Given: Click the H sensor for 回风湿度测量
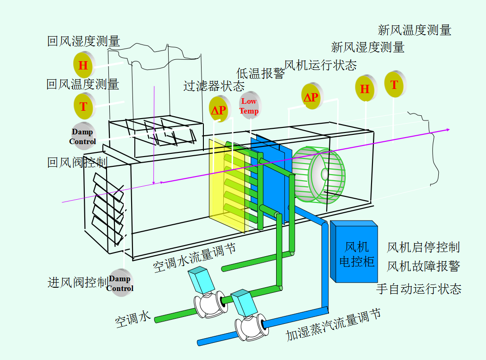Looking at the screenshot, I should pos(83,65).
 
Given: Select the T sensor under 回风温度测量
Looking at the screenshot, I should pos(83,107).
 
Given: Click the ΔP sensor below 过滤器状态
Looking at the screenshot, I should pos(219,110).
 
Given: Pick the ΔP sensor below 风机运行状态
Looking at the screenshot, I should pos(311,97).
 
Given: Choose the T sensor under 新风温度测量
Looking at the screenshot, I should pos(394,85).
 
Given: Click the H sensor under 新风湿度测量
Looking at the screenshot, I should pos(365,88).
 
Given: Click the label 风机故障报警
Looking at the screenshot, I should pos(423,266).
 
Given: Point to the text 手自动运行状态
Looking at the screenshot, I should pos(418,289).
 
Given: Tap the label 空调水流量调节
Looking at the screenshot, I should pos(195,259).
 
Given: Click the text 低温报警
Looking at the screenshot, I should pos(260,73).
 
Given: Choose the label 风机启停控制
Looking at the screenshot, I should pos(423,247).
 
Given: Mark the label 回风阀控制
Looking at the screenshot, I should pos(77,163).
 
